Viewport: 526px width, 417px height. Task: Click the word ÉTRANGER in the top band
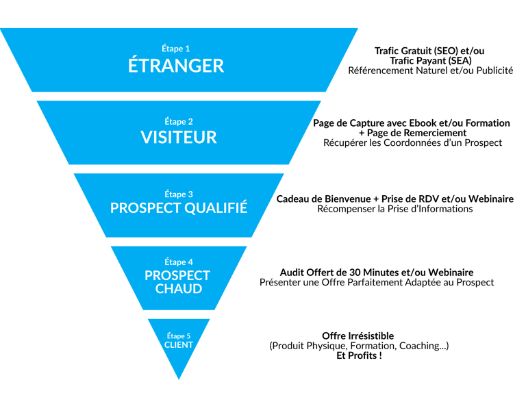coord(176,65)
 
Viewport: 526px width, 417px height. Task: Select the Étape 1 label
coord(176,49)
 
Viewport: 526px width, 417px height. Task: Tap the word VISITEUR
coord(179,137)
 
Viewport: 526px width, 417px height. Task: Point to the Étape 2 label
coord(179,121)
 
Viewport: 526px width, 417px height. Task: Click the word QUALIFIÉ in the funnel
coord(216,207)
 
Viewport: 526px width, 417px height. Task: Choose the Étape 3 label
coord(179,194)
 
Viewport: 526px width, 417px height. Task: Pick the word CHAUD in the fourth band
coord(179,289)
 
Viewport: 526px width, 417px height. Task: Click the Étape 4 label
coord(179,262)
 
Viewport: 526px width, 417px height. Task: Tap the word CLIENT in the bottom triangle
coord(179,345)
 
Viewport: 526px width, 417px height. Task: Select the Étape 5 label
coord(179,336)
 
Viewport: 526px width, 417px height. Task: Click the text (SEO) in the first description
coord(446,51)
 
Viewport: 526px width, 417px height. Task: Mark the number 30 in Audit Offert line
coord(355,273)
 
